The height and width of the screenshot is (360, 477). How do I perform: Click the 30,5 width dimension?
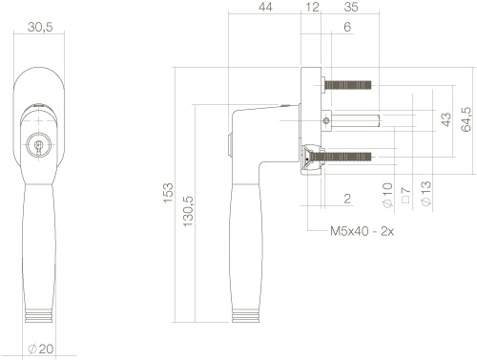point(40,28)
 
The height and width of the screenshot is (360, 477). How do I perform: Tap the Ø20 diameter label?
point(40,349)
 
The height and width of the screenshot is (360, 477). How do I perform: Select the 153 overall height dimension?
point(168,193)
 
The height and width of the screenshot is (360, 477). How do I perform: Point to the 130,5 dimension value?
point(188,211)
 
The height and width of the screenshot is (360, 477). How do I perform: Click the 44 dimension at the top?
point(265,7)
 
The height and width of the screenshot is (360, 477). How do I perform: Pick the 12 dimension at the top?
point(312,7)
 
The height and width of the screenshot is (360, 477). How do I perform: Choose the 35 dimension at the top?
point(351,7)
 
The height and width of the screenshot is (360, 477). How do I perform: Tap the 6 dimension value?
point(347,27)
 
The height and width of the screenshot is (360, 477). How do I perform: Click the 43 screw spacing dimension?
point(446,119)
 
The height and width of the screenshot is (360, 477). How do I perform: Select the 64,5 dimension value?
point(466,119)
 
